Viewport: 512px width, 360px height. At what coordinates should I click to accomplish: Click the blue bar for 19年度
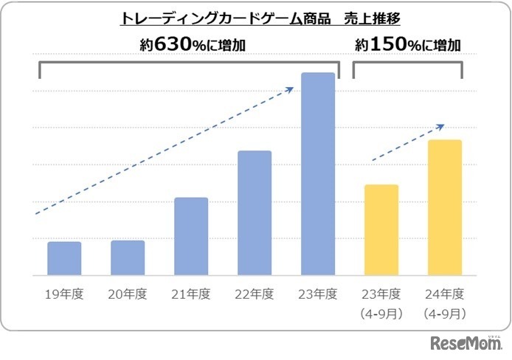click(x=64, y=258)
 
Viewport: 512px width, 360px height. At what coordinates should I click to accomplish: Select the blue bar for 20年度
click(x=128, y=257)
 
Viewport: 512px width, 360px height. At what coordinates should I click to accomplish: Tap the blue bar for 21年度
click(x=191, y=236)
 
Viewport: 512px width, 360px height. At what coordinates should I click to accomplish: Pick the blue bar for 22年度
click(x=255, y=212)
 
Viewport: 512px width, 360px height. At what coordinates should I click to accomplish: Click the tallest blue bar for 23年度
click(x=318, y=173)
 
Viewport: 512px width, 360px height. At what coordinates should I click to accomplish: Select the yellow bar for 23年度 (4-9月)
click(x=381, y=229)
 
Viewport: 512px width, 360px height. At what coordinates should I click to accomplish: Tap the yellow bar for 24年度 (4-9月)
click(x=445, y=207)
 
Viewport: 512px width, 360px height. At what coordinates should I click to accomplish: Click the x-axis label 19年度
click(x=64, y=294)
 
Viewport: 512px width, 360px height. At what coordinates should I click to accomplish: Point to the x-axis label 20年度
click(x=128, y=294)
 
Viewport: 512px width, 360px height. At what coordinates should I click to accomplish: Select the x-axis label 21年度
click(x=191, y=294)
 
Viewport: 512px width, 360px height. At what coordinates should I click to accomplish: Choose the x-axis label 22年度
click(x=255, y=294)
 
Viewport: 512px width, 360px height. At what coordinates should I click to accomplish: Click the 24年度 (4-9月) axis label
click(x=445, y=303)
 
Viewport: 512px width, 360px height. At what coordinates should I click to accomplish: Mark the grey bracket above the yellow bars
click(x=407, y=63)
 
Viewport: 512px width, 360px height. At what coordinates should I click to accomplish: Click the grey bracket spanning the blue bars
click(x=188, y=63)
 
